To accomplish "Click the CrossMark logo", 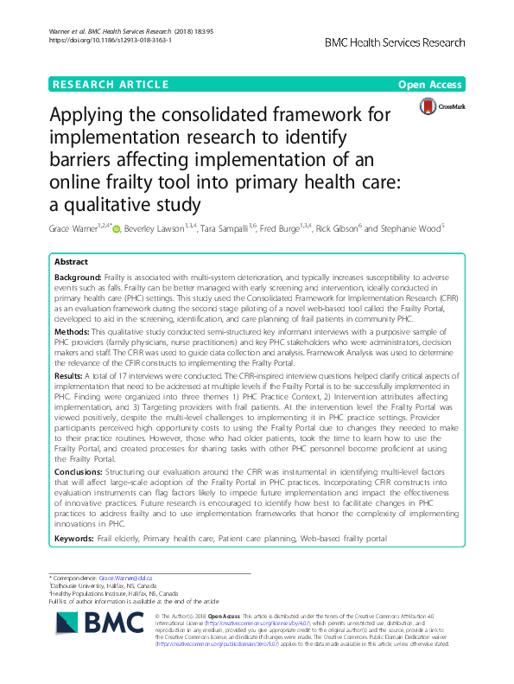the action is [441, 107].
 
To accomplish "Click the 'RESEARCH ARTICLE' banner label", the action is [110, 84].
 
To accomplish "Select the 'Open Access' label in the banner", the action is [432, 84].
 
